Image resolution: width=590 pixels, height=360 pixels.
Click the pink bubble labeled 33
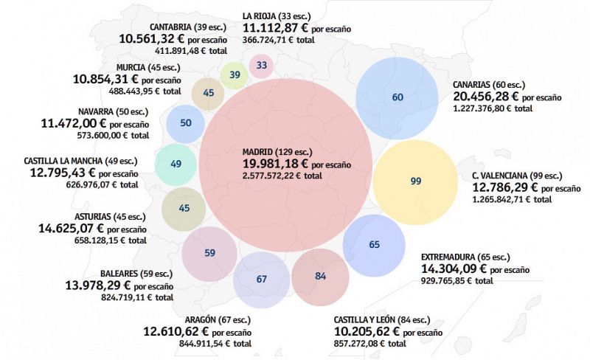click(262, 66)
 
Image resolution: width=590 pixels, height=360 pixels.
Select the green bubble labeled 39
click(235, 75)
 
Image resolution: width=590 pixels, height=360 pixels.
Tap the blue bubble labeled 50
click(186, 123)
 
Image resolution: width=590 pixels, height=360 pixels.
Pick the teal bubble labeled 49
click(176, 164)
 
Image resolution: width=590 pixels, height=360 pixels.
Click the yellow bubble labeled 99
click(415, 181)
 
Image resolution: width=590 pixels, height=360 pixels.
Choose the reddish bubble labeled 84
click(320, 276)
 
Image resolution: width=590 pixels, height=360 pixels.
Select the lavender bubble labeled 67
click(261, 280)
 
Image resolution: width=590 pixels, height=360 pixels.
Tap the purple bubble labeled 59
click(209, 253)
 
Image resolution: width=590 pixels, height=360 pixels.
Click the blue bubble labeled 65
click(374, 244)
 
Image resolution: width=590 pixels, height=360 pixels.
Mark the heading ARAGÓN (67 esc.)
click(209, 319)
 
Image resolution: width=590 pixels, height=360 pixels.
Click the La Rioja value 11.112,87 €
click(276, 27)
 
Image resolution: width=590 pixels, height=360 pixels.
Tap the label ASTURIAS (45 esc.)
click(109, 217)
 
